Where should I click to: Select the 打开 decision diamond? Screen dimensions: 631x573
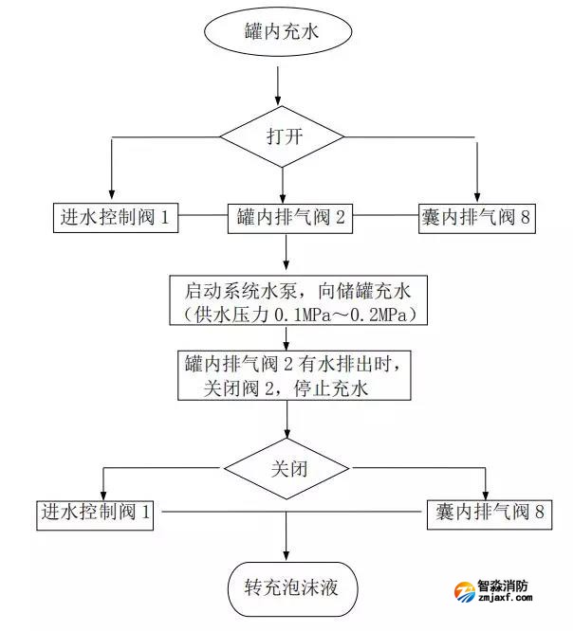[284, 135]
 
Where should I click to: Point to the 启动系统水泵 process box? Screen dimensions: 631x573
[293, 298]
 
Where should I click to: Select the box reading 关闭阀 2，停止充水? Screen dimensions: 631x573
[293, 374]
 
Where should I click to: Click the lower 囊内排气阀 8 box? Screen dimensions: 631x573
[486, 514]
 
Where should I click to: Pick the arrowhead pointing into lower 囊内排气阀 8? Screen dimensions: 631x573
[486, 494]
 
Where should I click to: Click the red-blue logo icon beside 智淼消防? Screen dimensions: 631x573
[464, 593]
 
